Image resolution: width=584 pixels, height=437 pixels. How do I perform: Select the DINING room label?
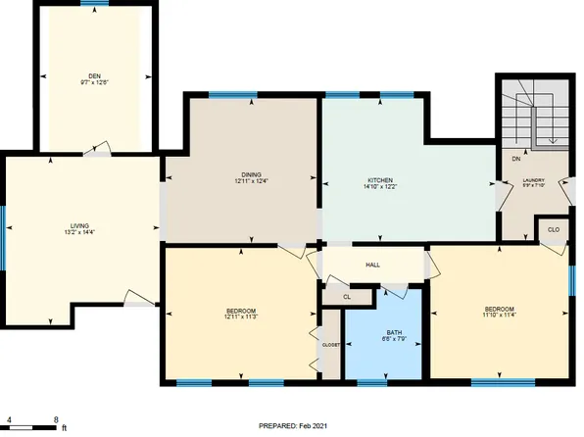pyautogui.click(x=251, y=174)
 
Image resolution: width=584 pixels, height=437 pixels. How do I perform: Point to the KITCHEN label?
pyautogui.click(x=380, y=180)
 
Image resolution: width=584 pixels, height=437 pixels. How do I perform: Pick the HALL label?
pyautogui.click(x=372, y=265)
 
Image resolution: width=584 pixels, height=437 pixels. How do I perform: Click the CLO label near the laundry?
pyautogui.click(x=553, y=230)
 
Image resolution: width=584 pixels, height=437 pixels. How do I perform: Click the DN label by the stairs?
pyautogui.click(x=516, y=159)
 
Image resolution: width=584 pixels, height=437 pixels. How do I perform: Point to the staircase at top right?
pyautogui.click(x=535, y=116)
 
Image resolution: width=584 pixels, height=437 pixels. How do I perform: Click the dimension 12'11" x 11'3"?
pyautogui.click(x=240, y=316)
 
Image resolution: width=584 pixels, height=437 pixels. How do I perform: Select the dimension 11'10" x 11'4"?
pyautogui.click(x=499, y=316)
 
